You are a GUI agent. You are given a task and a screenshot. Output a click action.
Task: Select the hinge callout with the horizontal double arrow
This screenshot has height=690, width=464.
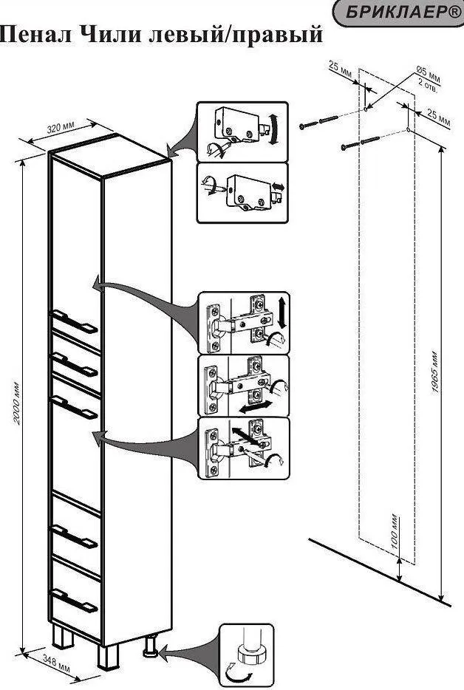(x=244, y=386)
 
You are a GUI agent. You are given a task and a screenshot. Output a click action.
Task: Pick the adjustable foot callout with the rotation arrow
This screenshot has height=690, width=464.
(x=246, y=654)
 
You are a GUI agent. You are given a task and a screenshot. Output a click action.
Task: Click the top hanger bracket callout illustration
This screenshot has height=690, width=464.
(x=240, y=131)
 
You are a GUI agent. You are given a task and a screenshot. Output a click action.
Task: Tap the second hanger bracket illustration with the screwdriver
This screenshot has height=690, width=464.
(x=240, y=191)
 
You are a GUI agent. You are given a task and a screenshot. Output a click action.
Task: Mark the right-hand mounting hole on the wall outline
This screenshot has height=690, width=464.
(x=407, y=131)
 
